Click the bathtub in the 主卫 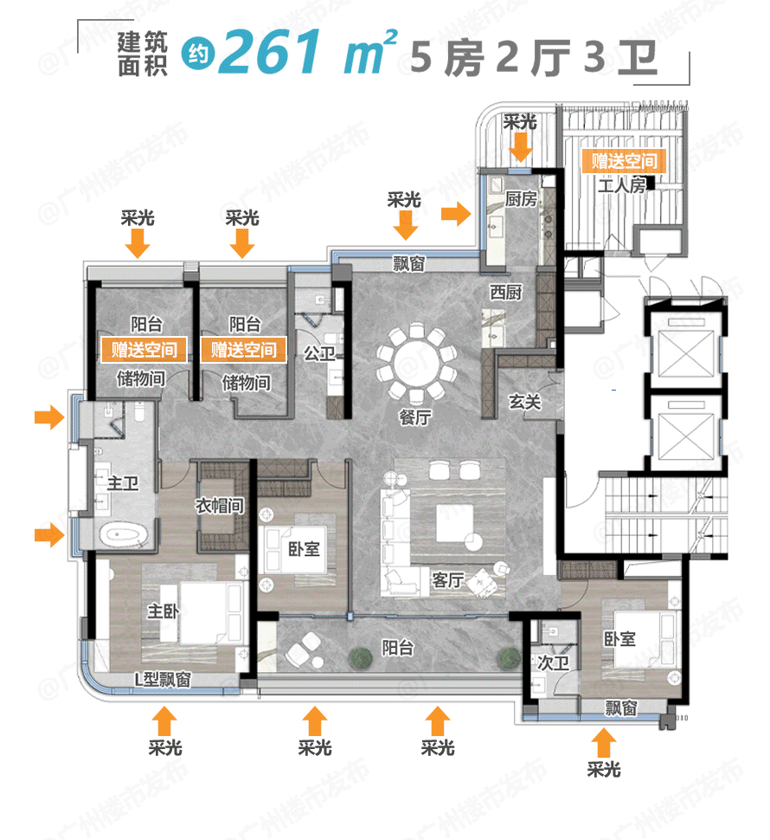point(125,534)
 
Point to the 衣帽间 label point(219,506)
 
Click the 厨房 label point(521,198)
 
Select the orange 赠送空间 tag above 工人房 point(624,161)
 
